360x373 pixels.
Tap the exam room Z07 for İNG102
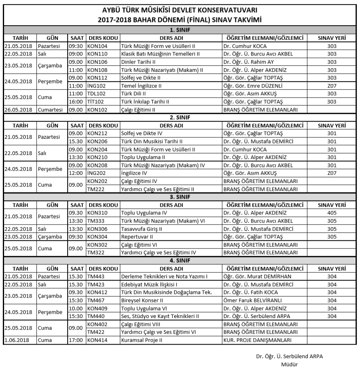click(332, 86)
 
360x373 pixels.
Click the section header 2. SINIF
click(180, 118)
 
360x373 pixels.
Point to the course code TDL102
click(96, 94)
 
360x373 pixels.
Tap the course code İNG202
click(96, 173)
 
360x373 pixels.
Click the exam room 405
click(332, 212)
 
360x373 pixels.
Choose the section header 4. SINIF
click(180, 260)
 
